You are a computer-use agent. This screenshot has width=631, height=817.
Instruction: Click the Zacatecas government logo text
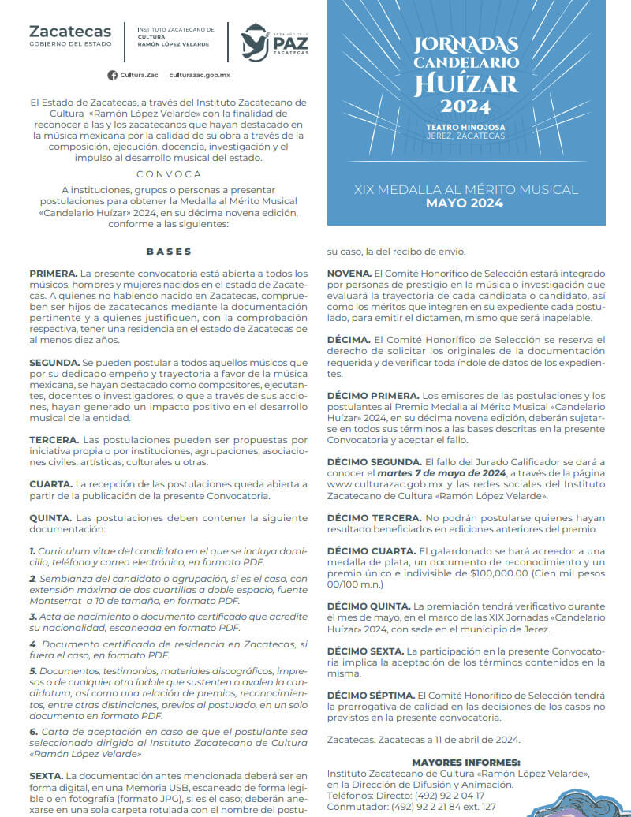coord(70,32)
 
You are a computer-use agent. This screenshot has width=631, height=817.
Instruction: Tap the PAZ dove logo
coord(256,41)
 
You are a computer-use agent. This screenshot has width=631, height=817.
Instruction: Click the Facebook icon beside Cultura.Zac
coord(112,75)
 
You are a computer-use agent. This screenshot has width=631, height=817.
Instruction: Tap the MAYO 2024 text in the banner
coord(465,203)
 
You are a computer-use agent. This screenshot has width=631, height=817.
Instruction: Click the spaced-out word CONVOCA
coord(169,174)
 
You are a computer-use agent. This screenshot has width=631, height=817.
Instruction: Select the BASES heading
coord(169,252)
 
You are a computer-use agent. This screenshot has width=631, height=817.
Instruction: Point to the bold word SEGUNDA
coord(54,362)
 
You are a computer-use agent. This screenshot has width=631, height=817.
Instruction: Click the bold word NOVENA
coord(349,273)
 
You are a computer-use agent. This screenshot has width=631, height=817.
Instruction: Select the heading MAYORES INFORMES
coord(465,762)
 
